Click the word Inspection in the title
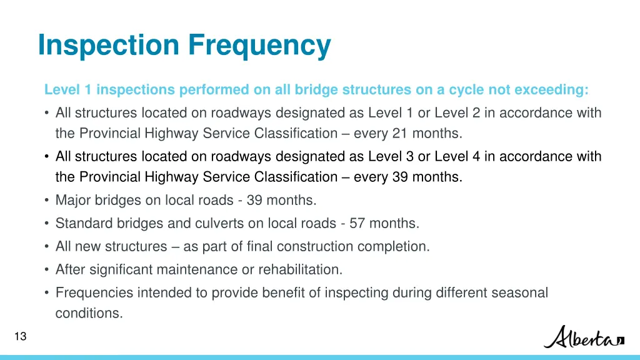coord(108,45)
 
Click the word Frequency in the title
coord(259,45)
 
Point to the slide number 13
coord(20,337)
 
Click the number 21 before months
coord(400,133)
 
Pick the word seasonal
coord(518,292)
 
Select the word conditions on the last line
coord(89,313)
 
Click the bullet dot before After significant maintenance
coord(47,270)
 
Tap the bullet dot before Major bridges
coord(47,201)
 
